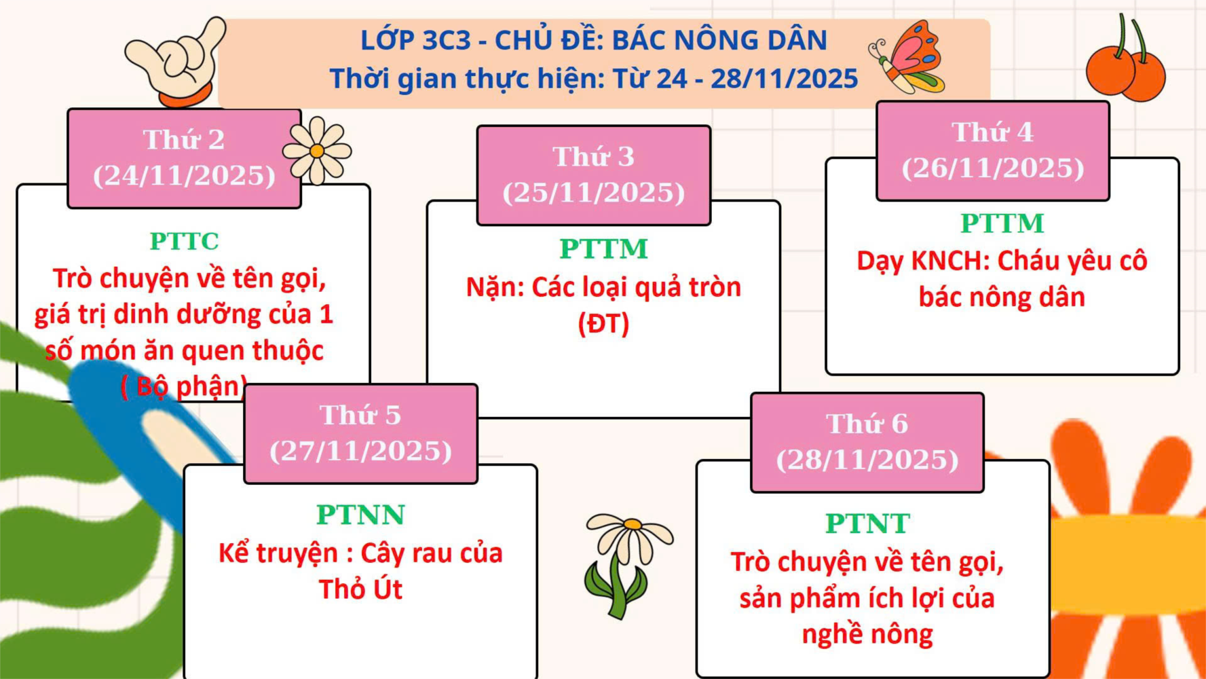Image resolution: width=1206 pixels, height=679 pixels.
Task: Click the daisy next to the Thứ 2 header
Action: pos(317,150)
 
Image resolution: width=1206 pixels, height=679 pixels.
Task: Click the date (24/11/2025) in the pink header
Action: pos(184,176)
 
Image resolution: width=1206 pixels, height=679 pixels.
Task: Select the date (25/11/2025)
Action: pos(594,193)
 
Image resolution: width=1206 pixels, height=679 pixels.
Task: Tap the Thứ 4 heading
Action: pos(992,132)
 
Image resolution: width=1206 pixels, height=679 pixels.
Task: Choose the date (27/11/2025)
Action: pos(360,451)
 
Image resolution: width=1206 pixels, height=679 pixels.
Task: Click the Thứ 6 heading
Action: pos(867,424)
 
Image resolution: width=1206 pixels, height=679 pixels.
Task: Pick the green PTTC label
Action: pos(184,241)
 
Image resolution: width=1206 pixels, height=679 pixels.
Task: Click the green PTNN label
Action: pos(360,515)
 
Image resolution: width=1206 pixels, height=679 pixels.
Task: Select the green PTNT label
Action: pos(867,524)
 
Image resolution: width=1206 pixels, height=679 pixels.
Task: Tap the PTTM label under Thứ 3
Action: pos(603,249)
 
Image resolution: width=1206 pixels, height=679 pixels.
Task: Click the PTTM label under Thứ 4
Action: pos(1002,223)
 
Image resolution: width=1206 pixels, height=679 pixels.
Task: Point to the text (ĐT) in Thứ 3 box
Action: pos(603,323)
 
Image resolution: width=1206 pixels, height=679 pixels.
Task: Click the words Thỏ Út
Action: pos(360,589)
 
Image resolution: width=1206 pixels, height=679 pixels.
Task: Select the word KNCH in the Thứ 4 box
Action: pos(945,261)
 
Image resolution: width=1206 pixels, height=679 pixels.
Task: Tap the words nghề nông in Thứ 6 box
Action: pos(867,634)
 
